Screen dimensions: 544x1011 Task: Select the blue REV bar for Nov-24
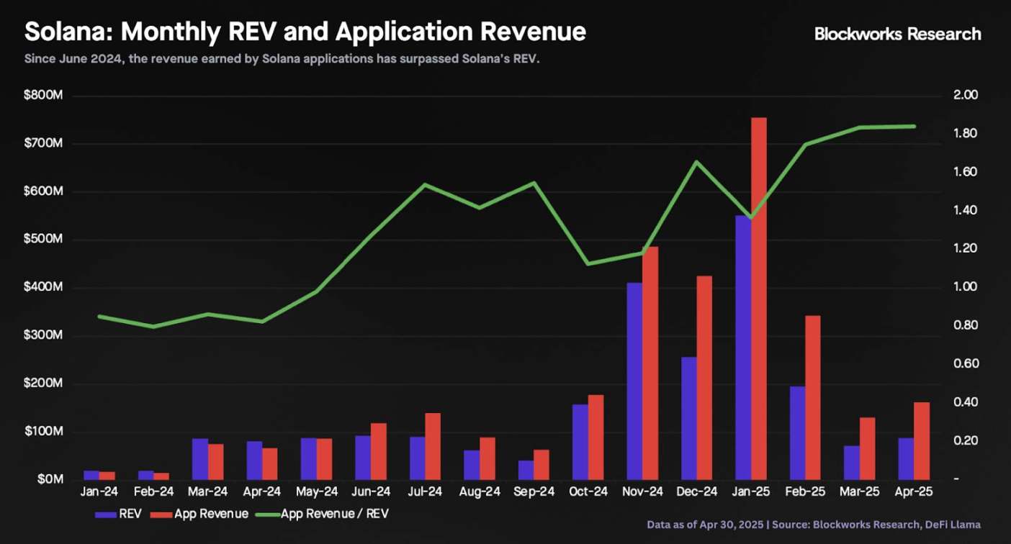click(x=634, y=381)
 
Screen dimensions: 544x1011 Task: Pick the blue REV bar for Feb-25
click(x=797, y=432)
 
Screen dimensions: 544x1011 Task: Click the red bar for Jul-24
click(x=433, y=446)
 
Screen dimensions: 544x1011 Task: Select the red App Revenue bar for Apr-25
click(x=922, y=440)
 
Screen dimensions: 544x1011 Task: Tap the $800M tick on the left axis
click(x=43, y=96)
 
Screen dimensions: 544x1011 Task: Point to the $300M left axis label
click(x=43, y=336)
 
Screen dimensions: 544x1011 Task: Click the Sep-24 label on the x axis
click(x=533, y=492)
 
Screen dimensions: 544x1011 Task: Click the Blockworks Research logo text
click(x=897, y=34)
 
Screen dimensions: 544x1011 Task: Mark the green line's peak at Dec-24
click(x=696, y=161)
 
